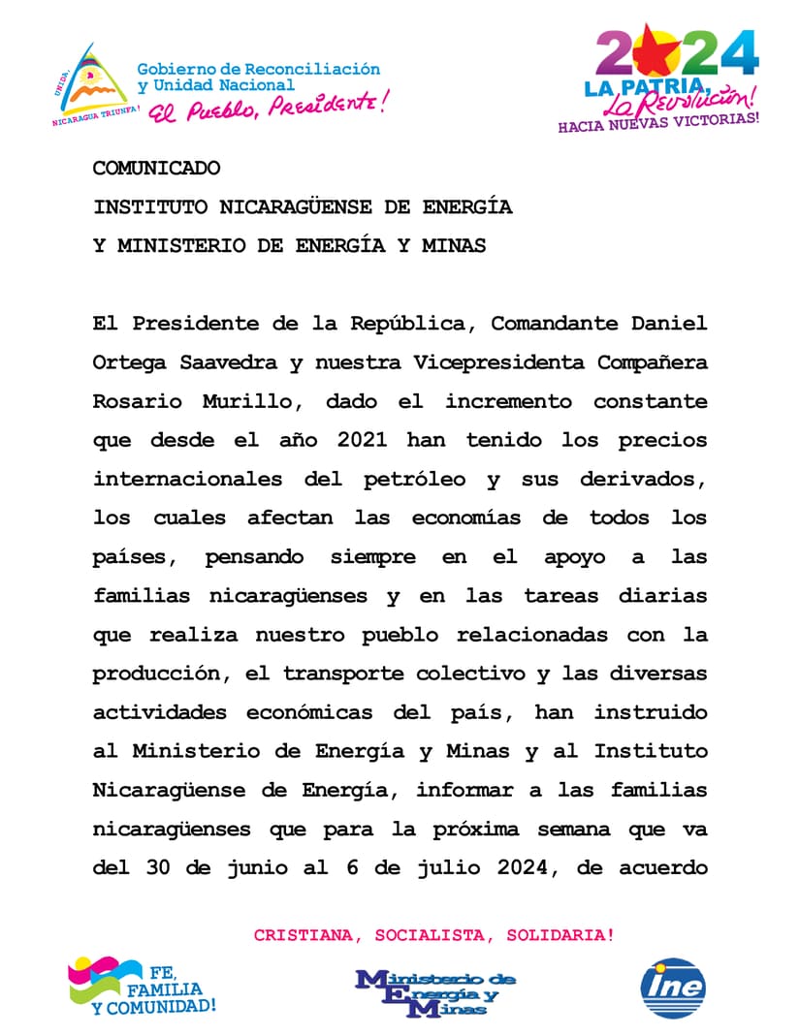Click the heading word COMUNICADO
click(x=156, y=168)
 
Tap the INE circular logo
click(x=672, y=988)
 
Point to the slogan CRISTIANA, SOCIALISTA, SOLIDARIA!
click(x=433, y=935)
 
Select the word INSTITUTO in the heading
click(x=150, y=206)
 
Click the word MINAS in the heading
click(x=453, y=245)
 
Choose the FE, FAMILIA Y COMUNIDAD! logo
click(x=141, y=987)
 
